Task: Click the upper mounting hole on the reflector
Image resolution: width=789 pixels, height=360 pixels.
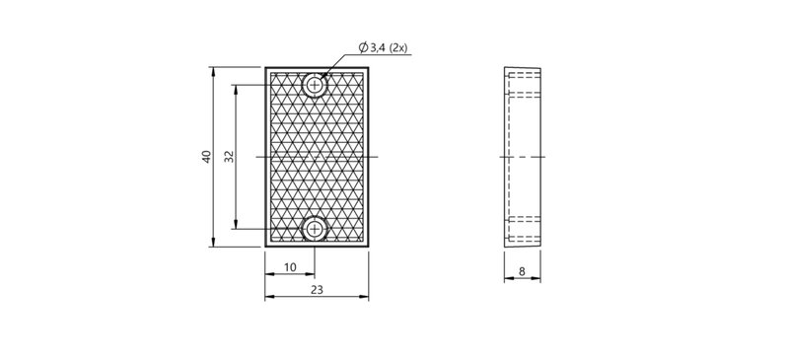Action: point(315,85)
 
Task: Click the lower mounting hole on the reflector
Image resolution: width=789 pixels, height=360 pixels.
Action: point(315,229)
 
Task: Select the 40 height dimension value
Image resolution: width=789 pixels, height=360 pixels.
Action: point(206,157)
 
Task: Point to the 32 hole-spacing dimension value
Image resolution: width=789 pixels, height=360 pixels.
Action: point(230,157)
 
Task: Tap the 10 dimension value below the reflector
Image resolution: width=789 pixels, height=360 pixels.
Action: point(290,267)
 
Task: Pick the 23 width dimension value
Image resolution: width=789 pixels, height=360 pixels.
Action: point(317,290)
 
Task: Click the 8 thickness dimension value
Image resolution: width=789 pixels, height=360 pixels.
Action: point(522,272)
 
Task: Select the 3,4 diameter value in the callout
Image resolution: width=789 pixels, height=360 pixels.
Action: point(377,48)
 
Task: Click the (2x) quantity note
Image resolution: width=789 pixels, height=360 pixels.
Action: point(398,48)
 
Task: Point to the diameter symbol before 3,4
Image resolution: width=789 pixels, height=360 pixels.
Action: point(363,47)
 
